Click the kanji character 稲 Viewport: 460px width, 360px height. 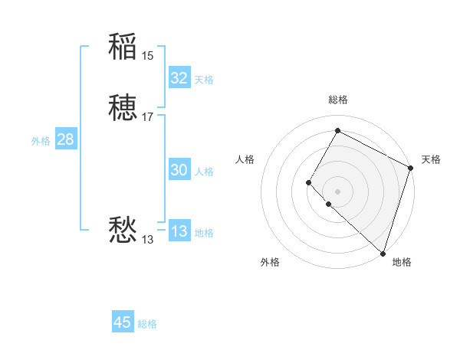click(123, 47)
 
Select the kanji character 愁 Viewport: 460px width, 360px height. click(123, 230)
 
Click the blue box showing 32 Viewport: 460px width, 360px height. click(179, 78)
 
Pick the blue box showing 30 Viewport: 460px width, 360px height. click(179, 171)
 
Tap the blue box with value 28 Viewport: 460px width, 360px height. click(65, 139)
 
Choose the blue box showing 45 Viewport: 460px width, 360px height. click(123, 322)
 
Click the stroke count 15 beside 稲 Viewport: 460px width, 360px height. click(147, 55)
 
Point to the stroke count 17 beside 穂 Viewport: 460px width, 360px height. click(147, 117)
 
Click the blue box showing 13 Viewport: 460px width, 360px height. click(179, 232)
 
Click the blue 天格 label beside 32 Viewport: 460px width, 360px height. click(204, 80)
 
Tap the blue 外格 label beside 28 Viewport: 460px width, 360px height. click(41, 141)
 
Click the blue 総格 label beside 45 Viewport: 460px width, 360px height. click(147, 324)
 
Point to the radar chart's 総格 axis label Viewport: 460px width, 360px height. click(338, 100)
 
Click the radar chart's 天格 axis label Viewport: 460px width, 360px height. click(431, 159)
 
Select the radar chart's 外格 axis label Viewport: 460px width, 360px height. click(270, 262)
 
